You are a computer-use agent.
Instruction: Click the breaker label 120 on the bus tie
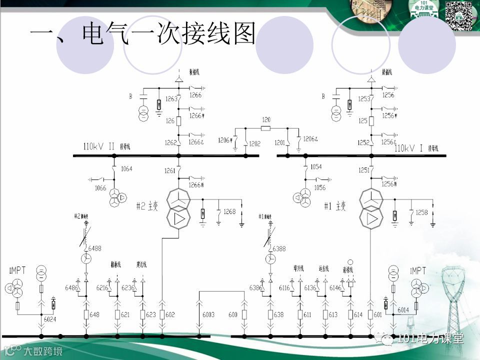[x=266, y=120]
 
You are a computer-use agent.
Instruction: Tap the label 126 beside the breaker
[x=170, y=121]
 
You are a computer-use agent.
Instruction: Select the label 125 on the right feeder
[x=362, y=121]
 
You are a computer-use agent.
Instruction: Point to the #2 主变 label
[x=147, y=206]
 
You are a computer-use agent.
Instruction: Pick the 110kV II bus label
[x=102, y=147]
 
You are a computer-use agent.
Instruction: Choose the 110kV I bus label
[x=409, y=148]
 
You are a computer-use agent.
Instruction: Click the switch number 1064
[x=126, y=169]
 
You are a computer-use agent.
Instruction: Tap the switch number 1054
[x=316, y=166]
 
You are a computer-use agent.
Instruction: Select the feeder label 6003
[x=208, y=314]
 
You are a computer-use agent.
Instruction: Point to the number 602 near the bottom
[x=170, y=314]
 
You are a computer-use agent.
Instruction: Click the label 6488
[x=95, y=248]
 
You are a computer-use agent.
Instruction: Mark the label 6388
[x=279, y=248]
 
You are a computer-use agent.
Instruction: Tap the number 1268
[x=229, y=212]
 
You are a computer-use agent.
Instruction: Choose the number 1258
[x=422, y=212]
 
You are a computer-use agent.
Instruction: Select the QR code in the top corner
[x=459, y=15]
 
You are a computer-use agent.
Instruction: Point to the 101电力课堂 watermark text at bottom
[x=429, y=339]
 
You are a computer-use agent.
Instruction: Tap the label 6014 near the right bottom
[x=403, y=310]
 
